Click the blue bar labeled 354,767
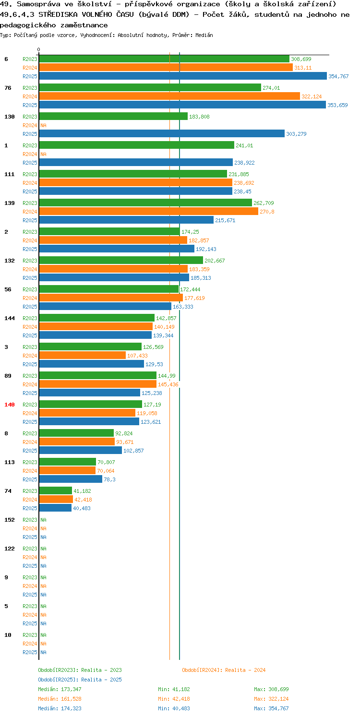(x=183, y=76)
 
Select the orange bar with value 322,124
(x=169, y=96)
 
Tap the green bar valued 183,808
(x=113, y=116)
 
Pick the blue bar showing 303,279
(x=162, y=133)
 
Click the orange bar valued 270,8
(x=149, y=211)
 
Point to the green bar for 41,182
(x=55, y=490)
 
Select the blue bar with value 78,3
(x=71, y=479)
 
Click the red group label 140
(x=10, y=405)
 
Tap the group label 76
(x=8, y=88)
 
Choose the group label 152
(x=10, y=520)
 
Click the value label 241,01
(x=244, y=145)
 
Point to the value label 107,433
(x=137, y=356)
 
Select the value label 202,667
(x=215, y=261)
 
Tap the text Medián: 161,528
(x=60, y=699)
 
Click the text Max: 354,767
(x=271, y=708)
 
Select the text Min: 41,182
(x=174, y=689)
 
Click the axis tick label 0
(x=39, y=49)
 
